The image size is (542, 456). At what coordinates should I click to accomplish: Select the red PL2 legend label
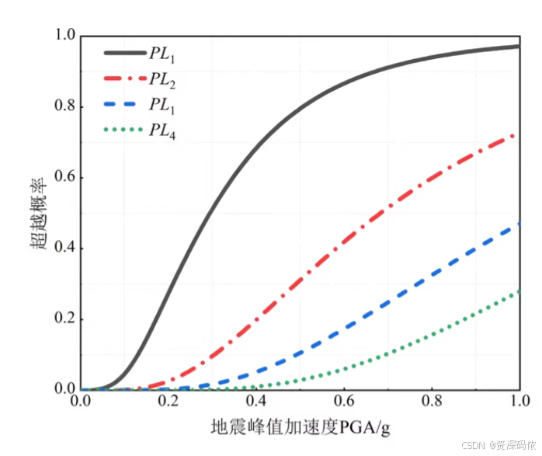(162, 79)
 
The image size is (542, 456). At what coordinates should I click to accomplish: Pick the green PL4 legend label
(162, 131)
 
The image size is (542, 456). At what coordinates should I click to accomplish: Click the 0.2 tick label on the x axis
(169, 401)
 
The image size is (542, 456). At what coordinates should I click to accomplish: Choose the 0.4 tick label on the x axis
(256, 401)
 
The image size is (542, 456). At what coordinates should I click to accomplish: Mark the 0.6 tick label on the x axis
(344, 401)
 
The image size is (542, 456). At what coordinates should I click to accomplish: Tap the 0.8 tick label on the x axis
(432, 401)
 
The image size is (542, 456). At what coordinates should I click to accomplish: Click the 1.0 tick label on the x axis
(519, 401)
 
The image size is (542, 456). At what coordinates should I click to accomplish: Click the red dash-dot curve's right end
(516, 136)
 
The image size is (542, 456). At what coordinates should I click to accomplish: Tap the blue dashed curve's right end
(517, 225)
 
